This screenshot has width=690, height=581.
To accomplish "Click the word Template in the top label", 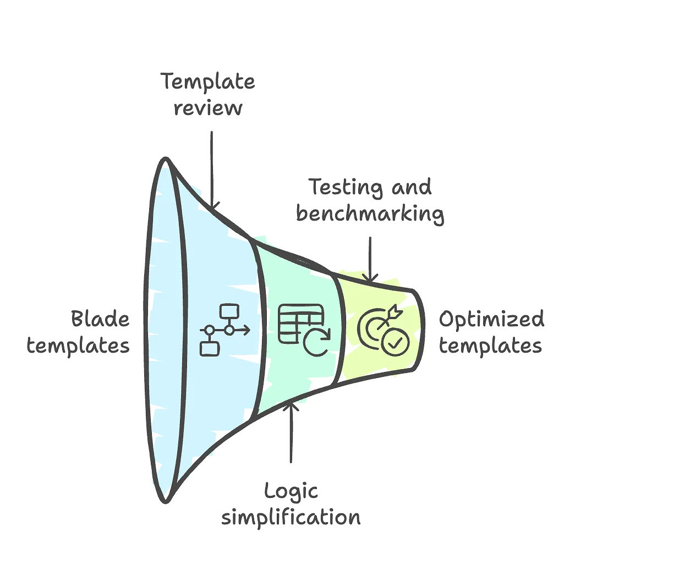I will (x=208, y=82).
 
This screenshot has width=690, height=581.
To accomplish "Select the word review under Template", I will (x=208, y=108).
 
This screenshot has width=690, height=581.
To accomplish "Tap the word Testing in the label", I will (x=345, y=188).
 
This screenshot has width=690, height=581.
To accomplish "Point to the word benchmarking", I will (x=370, y=214).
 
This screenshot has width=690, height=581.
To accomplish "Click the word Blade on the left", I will (x=100, y=319).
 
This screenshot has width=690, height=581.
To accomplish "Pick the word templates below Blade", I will (x=78, y=346).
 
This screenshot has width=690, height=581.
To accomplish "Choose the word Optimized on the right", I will (x=491, y=319).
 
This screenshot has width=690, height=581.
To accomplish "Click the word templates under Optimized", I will (x=490, y=346).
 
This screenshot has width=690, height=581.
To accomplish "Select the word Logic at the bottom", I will (x=291, y=491).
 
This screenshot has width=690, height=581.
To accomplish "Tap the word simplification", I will (x=291, y=518).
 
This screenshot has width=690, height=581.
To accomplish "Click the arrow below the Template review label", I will (x=212, y=171).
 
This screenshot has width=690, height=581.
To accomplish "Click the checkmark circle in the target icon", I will (x=396, y=342).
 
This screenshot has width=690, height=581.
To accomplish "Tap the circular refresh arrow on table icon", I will (x=317, y=342).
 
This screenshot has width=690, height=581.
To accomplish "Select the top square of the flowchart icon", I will (x=229, y=312).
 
